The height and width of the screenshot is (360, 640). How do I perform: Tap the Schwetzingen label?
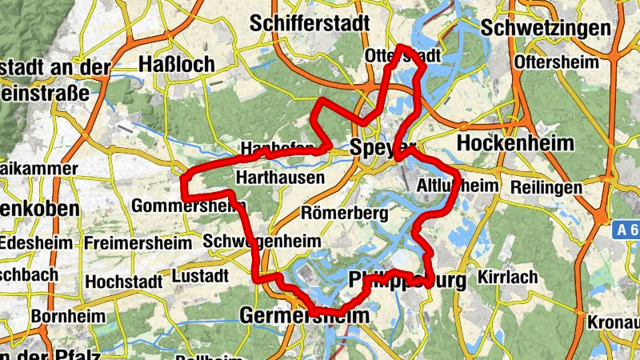[545, 28]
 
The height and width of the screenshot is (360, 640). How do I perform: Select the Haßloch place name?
[176, 64]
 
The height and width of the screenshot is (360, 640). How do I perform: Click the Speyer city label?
[383, 147]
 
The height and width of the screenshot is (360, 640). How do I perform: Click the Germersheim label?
[305, 316]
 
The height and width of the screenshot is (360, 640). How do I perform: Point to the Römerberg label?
[344, 214]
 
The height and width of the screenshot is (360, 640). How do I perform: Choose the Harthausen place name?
[280, 178]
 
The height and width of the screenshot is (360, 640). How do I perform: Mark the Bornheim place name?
[68, 316]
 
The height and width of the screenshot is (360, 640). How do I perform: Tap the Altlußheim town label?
[458, 186]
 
